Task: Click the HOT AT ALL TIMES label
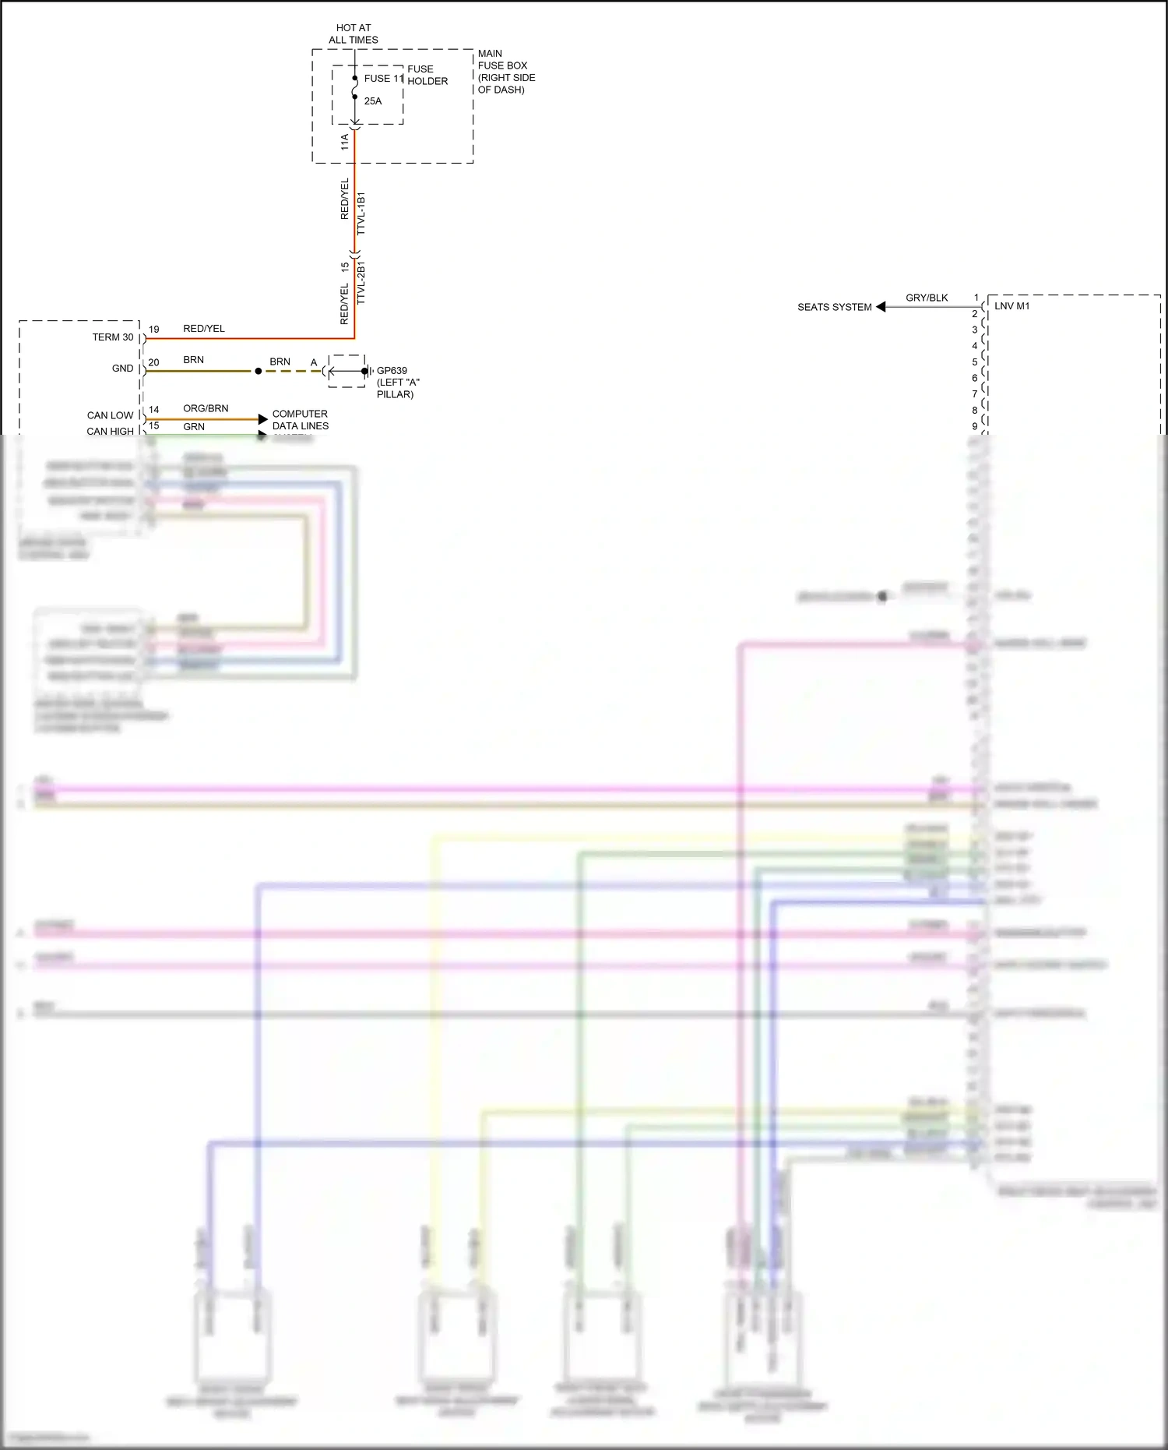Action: (x=354, y=34)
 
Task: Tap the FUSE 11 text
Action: (x=384, y=79)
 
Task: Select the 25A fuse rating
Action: (x=373, y=101)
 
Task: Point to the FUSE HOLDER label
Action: (x=427, y=75)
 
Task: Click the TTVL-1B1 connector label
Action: (x=361, y=213)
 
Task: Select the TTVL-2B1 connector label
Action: (x=361, y=284)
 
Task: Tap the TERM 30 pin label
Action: (x=113, y=337)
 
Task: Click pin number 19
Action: (x=154, y=330)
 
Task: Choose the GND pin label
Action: (x=123, y=369)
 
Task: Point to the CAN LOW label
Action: (x=111, y=415)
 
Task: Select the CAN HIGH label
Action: (x=111, y=432)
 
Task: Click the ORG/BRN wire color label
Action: (x=206, y=408)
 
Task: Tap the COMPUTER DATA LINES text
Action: (x=301, y=420)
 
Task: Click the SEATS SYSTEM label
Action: (x=835, y=307)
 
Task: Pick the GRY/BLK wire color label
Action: (x=927, y=298)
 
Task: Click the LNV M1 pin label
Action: (x=1011, y=306)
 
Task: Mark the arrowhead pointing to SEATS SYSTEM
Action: (x=881, y=307)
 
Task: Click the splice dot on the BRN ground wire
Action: (x=259, y=371)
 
